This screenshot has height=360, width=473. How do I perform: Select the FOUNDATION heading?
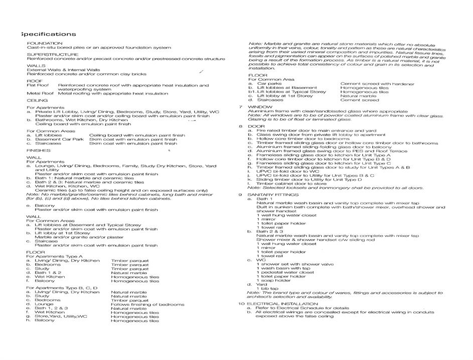point(45,43)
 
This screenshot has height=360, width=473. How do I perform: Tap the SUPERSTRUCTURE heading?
point(53,54)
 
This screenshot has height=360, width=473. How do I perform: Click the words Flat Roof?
point(38,85)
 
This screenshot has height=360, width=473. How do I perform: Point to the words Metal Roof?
point(40,93)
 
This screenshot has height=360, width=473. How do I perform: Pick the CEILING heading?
point(37,100)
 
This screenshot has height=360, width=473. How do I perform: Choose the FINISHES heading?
point(38,151)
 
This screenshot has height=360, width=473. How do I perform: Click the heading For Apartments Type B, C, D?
point(62,288)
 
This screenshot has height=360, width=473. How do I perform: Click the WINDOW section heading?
point(260,107)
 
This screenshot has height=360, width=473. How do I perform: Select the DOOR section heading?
point(256,127)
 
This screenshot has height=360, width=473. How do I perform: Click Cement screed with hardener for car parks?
point(377,84)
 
